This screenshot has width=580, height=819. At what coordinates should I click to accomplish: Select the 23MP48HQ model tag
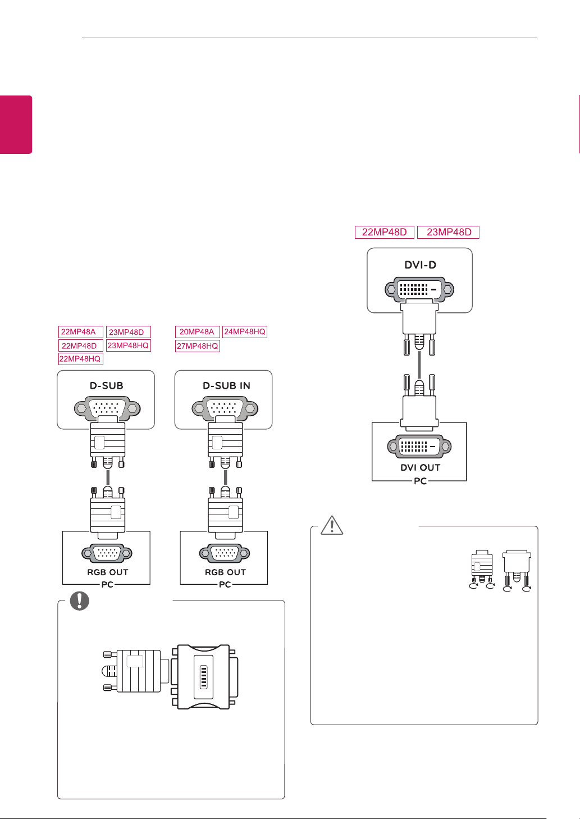[128, 345]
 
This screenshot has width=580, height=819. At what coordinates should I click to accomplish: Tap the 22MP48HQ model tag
[80, 359]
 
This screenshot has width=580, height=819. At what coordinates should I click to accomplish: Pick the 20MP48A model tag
[197, 332]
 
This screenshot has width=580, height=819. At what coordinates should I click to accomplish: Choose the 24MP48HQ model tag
[244, 332]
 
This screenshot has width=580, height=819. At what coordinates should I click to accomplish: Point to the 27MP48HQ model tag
[197, 346]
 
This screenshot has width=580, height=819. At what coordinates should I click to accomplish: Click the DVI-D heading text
[420, 265]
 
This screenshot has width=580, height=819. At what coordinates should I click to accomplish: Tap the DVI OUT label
[420, 467]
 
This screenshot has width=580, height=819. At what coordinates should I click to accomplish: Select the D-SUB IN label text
[226, 386]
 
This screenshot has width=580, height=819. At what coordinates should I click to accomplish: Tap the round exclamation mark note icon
[80, 600]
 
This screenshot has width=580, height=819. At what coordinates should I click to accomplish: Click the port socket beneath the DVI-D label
[419, 290]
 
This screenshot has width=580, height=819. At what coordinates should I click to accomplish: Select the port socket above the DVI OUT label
[419, 447]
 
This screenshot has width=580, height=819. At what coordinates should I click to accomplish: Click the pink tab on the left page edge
[16, 124]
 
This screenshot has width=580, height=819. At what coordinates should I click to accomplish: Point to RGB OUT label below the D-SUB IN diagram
[225, 572]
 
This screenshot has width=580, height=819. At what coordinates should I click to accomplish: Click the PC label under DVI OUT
[420, 481]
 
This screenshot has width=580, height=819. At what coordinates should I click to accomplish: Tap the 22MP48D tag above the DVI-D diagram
[385, 232]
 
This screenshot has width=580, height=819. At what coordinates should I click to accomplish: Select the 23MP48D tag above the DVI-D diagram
[449, 232]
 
